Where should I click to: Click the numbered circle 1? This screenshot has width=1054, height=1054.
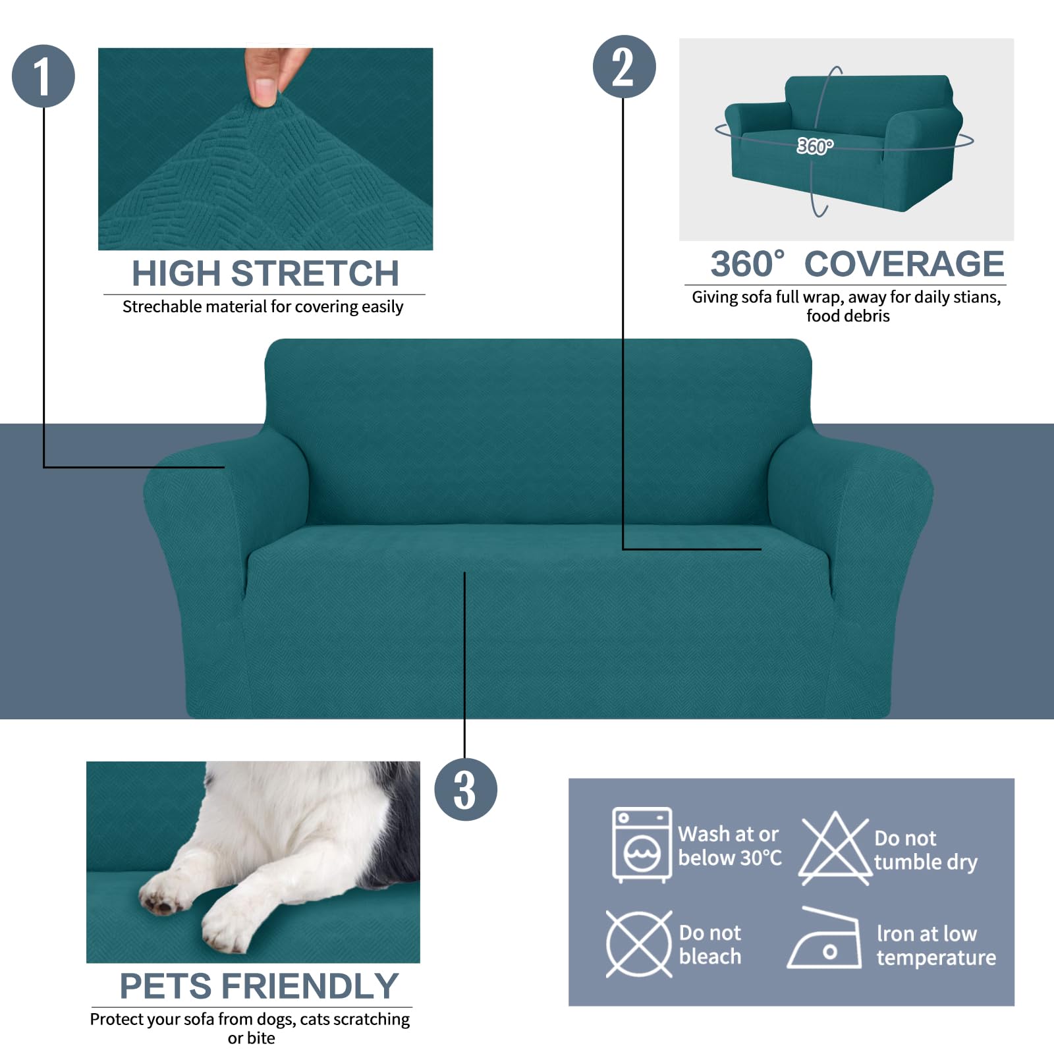tap(43, 76)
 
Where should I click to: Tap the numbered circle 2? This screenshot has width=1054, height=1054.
tap(624, 67)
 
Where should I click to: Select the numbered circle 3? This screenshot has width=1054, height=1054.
tap(465, 789)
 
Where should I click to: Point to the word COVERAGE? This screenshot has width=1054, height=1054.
tap(904, 264)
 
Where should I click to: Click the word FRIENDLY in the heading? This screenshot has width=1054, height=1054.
tap(310, 986)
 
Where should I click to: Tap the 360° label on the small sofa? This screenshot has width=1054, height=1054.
tap(815, 146)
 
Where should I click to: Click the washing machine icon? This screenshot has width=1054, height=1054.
tap(642, 845)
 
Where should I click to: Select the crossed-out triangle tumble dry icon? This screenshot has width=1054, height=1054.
tap(835, 848)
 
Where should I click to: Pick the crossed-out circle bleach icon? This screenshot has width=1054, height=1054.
tap(638, 944)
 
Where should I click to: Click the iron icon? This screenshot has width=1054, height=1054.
tap(825, 941)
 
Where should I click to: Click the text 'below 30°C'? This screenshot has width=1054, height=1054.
tap(729, 858)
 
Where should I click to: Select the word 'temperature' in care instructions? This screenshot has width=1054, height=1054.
tap(935, 957)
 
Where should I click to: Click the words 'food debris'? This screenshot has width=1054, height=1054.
tap(847, 316)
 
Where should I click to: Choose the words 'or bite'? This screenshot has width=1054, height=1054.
tap(251, 1038)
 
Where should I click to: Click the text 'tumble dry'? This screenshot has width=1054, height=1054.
tap(925, 862)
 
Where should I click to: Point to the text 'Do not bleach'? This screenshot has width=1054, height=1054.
tap(709, 945)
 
